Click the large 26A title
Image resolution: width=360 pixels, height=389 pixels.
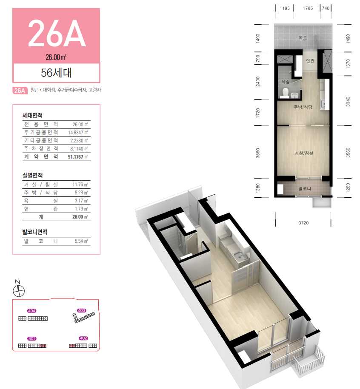57,33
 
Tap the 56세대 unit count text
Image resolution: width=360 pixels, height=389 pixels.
56,73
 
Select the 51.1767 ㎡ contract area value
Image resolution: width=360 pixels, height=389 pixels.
78,157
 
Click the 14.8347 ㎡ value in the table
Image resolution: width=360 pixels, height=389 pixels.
78,133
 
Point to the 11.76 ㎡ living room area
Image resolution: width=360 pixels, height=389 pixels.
80,185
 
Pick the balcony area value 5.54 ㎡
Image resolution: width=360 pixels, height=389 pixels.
81,241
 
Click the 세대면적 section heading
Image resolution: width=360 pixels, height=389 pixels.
32,115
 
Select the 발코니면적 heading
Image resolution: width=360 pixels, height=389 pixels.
35,232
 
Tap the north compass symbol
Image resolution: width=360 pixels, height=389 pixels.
19,289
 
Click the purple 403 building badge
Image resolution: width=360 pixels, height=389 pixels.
81,311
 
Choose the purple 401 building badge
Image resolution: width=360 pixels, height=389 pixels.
32,338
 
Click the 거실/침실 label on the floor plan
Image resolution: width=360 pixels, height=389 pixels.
304,153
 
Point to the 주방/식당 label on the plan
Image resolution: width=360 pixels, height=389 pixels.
303,107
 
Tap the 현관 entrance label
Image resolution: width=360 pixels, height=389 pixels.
310,61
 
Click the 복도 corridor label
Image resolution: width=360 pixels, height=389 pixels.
303,38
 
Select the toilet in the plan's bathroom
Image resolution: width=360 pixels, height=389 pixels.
285,92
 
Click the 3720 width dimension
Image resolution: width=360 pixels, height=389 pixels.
303,223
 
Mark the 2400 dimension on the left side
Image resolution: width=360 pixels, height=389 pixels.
258,82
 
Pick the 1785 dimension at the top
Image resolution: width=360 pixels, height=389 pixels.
308,8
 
